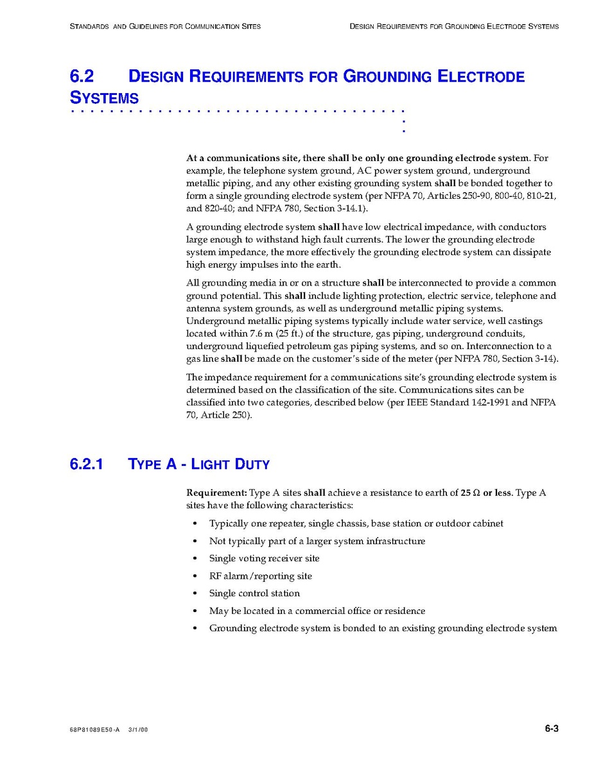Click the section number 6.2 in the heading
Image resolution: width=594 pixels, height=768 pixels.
82,77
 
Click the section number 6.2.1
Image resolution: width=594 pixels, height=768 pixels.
87,464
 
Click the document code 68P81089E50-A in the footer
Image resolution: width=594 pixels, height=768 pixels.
95,730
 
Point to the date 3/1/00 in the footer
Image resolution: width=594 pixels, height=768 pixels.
138,730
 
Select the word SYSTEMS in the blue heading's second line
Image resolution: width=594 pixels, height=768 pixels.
104,99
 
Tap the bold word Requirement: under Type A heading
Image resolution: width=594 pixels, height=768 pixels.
216,493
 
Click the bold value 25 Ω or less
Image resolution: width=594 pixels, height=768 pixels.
486,493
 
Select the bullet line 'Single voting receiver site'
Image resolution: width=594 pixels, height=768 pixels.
264,558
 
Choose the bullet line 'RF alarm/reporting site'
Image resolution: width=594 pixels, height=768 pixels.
260,576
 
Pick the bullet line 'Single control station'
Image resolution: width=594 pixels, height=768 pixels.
254,593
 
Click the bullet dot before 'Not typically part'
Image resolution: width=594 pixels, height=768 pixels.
195,542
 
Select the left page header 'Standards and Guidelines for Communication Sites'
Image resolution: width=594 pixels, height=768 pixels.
165,27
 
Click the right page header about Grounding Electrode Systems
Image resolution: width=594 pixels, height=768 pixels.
454,27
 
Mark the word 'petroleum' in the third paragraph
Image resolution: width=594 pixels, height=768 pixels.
315,346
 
